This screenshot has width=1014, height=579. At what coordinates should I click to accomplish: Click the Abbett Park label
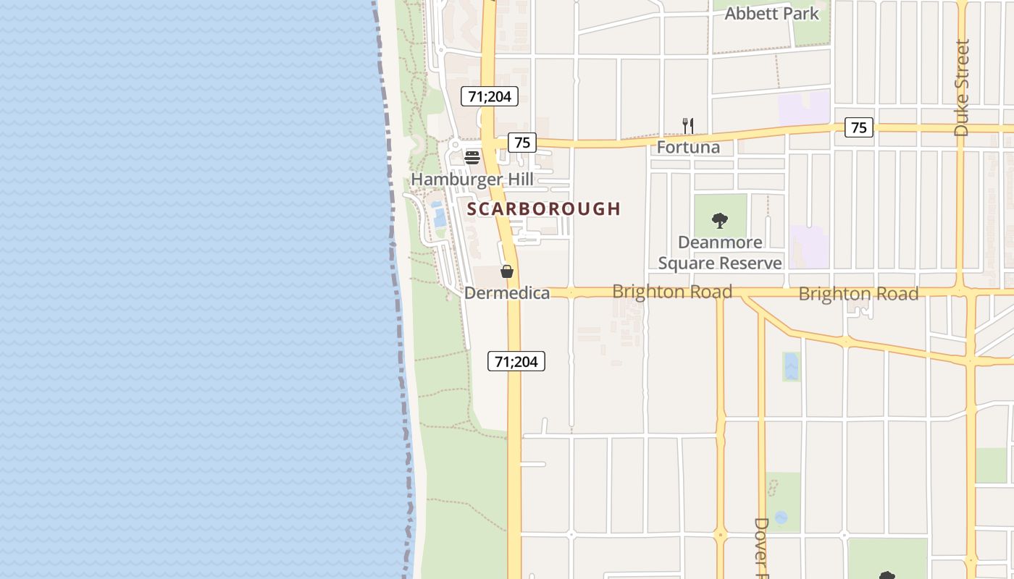point(771,13)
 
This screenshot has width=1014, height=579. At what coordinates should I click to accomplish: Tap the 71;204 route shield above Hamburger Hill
point(490,96)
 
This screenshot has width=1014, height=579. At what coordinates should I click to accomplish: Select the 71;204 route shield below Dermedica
point(516,361)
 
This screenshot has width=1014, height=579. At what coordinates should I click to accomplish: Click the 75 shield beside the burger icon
point(521,143)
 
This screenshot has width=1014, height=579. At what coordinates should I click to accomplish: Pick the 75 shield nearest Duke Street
point(858,127)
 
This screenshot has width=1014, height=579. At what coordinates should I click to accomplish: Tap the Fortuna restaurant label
point(688,148)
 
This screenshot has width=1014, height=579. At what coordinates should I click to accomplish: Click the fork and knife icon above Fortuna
point(688,126)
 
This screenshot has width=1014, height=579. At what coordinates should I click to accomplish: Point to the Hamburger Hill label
point(472,179)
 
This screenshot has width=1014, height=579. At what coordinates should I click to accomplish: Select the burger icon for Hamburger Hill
point(472,157)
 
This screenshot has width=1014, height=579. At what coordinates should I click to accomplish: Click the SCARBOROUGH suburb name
point(544,209)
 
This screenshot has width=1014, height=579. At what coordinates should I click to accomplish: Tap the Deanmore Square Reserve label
point(720,253)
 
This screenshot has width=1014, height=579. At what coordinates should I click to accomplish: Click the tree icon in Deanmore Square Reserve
point(720,220)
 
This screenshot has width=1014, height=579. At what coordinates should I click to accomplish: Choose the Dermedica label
point(507,293)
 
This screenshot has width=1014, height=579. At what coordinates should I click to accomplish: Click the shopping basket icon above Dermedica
point(507,271)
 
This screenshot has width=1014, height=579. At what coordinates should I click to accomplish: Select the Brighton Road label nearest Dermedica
point(672,292)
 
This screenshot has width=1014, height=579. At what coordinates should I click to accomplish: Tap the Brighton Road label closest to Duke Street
point(858,294)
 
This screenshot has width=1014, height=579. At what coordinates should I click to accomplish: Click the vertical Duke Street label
point(961,88)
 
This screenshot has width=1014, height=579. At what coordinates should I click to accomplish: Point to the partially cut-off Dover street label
point(761,547)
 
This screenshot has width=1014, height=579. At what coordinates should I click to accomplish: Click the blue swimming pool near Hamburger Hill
point(438,215)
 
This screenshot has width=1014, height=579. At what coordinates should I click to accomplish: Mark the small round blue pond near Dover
point(781,517)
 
